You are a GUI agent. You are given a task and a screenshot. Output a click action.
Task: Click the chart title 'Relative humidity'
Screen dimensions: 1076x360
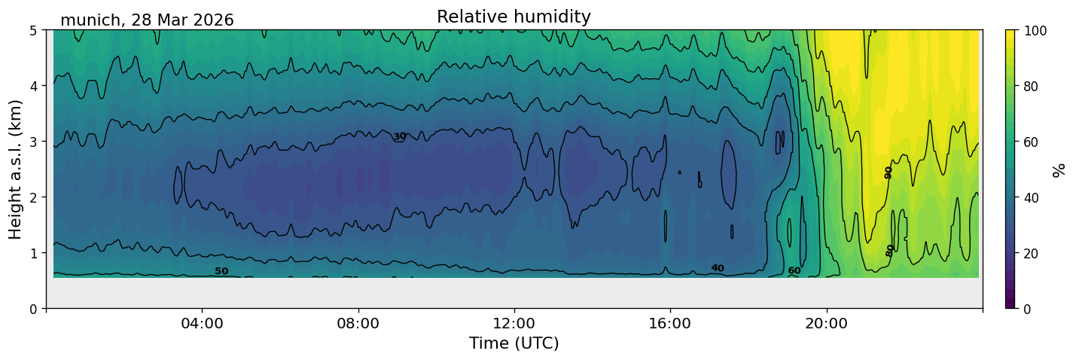tap(514, 17)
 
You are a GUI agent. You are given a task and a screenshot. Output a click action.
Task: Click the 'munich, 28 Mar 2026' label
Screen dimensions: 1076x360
tap(147, 20)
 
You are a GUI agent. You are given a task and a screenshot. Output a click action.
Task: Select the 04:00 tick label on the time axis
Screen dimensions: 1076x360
tap(203, 323)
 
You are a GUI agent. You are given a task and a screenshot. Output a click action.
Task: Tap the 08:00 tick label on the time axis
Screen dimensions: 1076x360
tap(358, 323)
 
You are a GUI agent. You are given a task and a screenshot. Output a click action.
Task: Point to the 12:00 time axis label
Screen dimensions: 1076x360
tap(514, 323)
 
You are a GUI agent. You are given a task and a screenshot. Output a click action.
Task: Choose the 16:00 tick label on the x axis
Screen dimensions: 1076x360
tap(670, 323)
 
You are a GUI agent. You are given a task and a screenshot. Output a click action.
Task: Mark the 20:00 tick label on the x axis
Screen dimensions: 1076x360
tap(826, 323)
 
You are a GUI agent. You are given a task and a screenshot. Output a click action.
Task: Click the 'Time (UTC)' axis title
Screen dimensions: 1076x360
tap(514, 343)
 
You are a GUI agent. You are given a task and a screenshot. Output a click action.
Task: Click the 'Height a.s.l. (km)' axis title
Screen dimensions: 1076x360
tap(15, 169)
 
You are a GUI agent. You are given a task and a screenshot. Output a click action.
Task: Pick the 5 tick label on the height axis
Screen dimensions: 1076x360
tap(33, 31)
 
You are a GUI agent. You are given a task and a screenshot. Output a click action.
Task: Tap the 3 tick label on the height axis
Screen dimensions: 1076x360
tap(33, 142)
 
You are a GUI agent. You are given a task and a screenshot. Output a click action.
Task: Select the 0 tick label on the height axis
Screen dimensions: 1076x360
tap(33, 309)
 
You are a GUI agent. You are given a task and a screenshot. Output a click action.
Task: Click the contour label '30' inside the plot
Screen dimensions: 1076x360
tap(400, 136)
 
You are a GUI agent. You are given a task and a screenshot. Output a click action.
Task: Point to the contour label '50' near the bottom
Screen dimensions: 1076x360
tap(221, 271)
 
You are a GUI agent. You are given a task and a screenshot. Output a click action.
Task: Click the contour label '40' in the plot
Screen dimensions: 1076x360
tap(718, 268)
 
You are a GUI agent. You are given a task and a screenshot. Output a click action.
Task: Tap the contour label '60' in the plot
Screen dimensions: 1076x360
tap(794, 270)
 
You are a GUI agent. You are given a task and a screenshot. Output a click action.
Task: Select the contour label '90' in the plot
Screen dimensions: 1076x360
tap(889, 172)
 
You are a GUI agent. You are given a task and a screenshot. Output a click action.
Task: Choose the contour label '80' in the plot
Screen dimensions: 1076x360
tap(889, 250)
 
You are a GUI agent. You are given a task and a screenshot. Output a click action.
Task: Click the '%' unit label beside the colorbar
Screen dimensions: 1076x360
tap(1058, 170)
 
